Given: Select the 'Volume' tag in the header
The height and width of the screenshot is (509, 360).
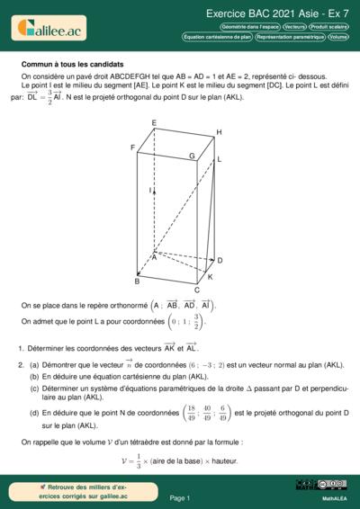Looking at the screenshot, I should (338, 37).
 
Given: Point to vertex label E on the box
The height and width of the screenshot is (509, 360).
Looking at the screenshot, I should (154, 122).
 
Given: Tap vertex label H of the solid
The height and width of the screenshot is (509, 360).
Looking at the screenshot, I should (219, 132).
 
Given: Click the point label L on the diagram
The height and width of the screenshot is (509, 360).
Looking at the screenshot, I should (219, 158).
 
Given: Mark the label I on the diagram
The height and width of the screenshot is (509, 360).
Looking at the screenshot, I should (150, 191).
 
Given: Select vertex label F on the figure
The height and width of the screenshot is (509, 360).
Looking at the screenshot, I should (132, 147).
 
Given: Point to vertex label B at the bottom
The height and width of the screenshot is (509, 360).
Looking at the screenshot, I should (137, 281).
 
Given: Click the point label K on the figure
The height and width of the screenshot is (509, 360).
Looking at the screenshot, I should (211, 276).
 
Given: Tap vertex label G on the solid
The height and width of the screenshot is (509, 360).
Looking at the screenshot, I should (191, 155).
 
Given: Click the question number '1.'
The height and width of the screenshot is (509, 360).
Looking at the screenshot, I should (21, 347).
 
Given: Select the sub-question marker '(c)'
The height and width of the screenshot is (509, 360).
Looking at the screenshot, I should (34, 388).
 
